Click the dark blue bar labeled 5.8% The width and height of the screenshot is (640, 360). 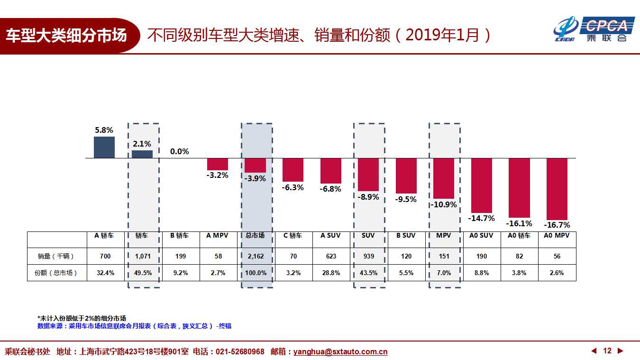[x=104, y=148]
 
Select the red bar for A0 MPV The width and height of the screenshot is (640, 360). [x=557, y=189]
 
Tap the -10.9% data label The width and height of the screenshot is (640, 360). [x=444, y=205]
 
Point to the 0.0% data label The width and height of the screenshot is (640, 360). [x=180, y=152]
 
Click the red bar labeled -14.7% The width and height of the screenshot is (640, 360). [x=482, y=185]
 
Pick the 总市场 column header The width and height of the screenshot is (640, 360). [x=256, y=236]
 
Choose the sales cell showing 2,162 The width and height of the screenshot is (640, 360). [x=256, y=256]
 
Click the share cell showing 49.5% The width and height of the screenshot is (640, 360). [x=143, y=273]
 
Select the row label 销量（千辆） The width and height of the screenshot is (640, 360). [x=56, y=256]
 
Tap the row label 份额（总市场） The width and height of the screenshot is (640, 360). [x=56, y=273]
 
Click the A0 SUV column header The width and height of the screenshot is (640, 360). [x=481, y=236]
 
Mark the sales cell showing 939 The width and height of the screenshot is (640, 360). [x=368, y=256]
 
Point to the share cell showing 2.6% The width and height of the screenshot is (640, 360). [x=557, y=273]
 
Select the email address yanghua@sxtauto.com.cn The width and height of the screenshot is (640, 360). [x=340, y=352]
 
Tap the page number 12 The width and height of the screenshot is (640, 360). [x=607, y=351]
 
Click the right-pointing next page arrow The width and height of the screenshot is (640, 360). [x=620, y=351]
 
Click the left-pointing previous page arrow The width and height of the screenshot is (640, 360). [x=594, y=351]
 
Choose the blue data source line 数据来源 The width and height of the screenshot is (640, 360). [x=134, y=326]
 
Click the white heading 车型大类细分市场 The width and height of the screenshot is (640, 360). [x=66, y=36]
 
